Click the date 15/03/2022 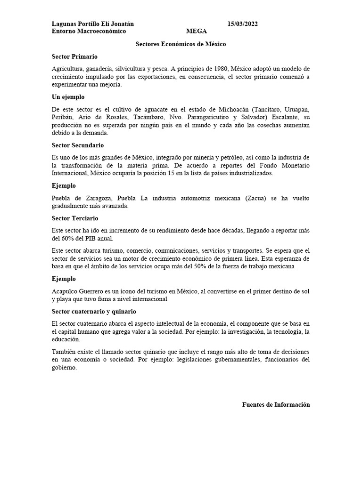point(242,24)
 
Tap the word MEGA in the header point(196,32)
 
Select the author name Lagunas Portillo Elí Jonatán point(93,24)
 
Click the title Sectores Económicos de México point(181,44)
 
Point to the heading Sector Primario point(74,56)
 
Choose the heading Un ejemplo point(68,97)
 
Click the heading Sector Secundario point(78,145)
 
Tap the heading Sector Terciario point(75,218)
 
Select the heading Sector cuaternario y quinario point(94,312)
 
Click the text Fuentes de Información point(276,404)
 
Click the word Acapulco point(65,291)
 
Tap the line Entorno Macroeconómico point(89,32)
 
